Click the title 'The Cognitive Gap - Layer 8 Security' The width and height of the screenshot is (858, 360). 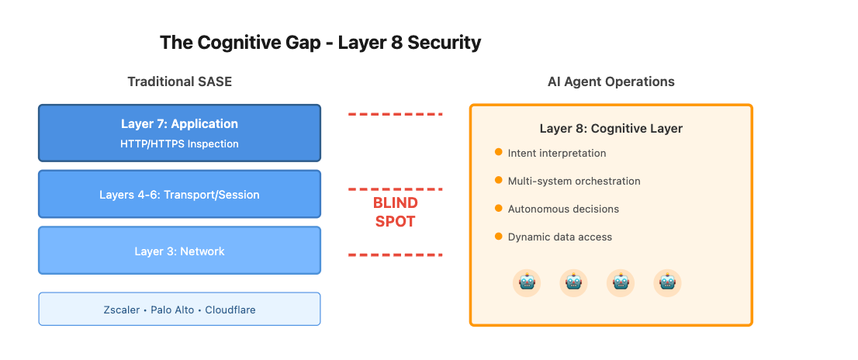pos(320,43)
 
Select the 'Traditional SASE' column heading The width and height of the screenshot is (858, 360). pos(179,81)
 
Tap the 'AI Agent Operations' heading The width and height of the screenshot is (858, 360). pos(611,81)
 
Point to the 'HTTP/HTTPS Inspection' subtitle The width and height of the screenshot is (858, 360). pos(179,144)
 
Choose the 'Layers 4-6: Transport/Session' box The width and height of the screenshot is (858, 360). pos(179,194)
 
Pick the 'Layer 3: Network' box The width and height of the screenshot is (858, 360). pos(179,251)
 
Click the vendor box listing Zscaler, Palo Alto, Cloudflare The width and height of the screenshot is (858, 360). pos(179,309)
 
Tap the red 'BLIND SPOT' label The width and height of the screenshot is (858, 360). pos(395,212)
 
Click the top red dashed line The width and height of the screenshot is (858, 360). pos(395,114)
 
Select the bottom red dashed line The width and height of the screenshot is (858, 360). pos(395,254)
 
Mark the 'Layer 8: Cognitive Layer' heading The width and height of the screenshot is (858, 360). pos(611,128)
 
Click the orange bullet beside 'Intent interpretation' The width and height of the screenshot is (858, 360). pos(498,152)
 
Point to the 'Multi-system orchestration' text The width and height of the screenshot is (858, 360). pos(574,181)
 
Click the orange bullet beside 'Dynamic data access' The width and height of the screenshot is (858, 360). pos(498,236)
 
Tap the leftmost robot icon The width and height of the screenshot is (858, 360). pos(527,283)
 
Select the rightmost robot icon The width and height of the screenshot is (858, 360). pos(667,283)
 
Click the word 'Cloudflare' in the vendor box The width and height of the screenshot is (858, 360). pos(230,310)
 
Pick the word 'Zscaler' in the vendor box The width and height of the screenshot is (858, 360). pos(121,310)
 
